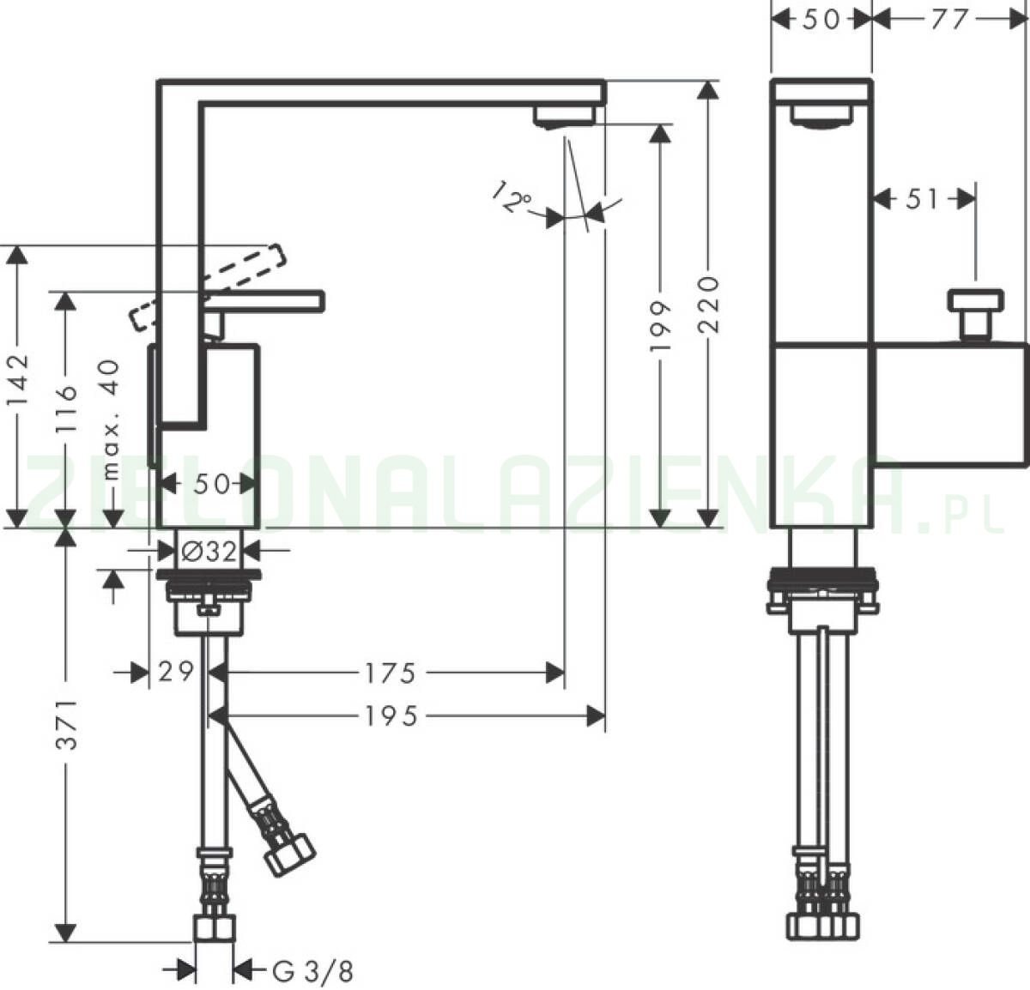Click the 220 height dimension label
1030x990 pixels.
pos(709,305)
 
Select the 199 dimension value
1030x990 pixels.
pos(659,326)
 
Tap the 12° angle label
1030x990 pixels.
pos(512,198)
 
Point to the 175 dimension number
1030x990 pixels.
pos(390,673)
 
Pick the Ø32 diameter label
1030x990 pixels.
pos(209,552)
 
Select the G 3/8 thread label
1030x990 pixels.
pos(312,971)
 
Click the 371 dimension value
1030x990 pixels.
pos(67,725)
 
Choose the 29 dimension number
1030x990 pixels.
pos(175,673)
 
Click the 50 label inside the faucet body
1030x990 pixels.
pos(211,484)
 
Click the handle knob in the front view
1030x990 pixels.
pos(975,302)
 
